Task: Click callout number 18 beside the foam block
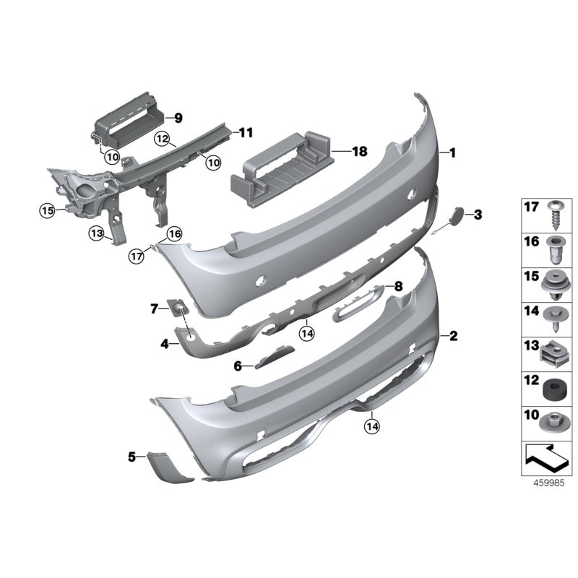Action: tap(359, 152)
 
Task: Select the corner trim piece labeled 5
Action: tap(168, 467)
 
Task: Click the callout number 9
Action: tap(178, 117)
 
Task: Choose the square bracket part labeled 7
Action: tap(178, 309)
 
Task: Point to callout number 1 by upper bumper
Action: tap(452, 153)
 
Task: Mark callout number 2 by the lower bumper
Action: tap(453, 336)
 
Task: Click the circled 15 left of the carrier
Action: tap(47, 210)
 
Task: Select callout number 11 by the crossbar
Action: tap(246, 133)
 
